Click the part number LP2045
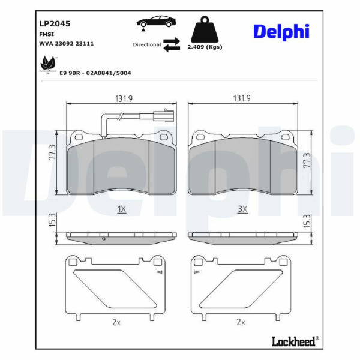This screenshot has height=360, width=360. point(55,23)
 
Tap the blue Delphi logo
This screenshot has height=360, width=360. point(281,32)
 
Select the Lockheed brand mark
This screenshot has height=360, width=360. point(295,341)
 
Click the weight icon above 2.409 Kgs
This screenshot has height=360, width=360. point(205,29)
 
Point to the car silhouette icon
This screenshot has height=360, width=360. point(156,22)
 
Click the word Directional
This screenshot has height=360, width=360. point(147,44)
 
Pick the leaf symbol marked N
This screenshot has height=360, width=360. point(48,65)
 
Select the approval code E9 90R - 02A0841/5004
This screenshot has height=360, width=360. point(95,73)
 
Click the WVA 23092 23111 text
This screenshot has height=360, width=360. point(67,44)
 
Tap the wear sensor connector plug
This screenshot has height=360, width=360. point(164,115)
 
